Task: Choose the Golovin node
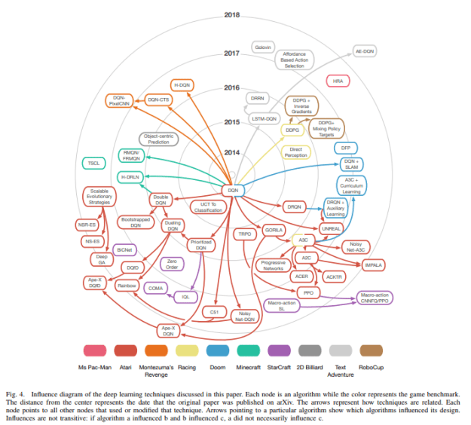[x=263, y=47]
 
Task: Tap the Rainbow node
[x=126, y=286]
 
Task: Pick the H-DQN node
[x=183, y=85]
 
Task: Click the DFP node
[x=346, y=148]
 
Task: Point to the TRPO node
[x=243, y=234]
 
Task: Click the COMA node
[x=155, y=288]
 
